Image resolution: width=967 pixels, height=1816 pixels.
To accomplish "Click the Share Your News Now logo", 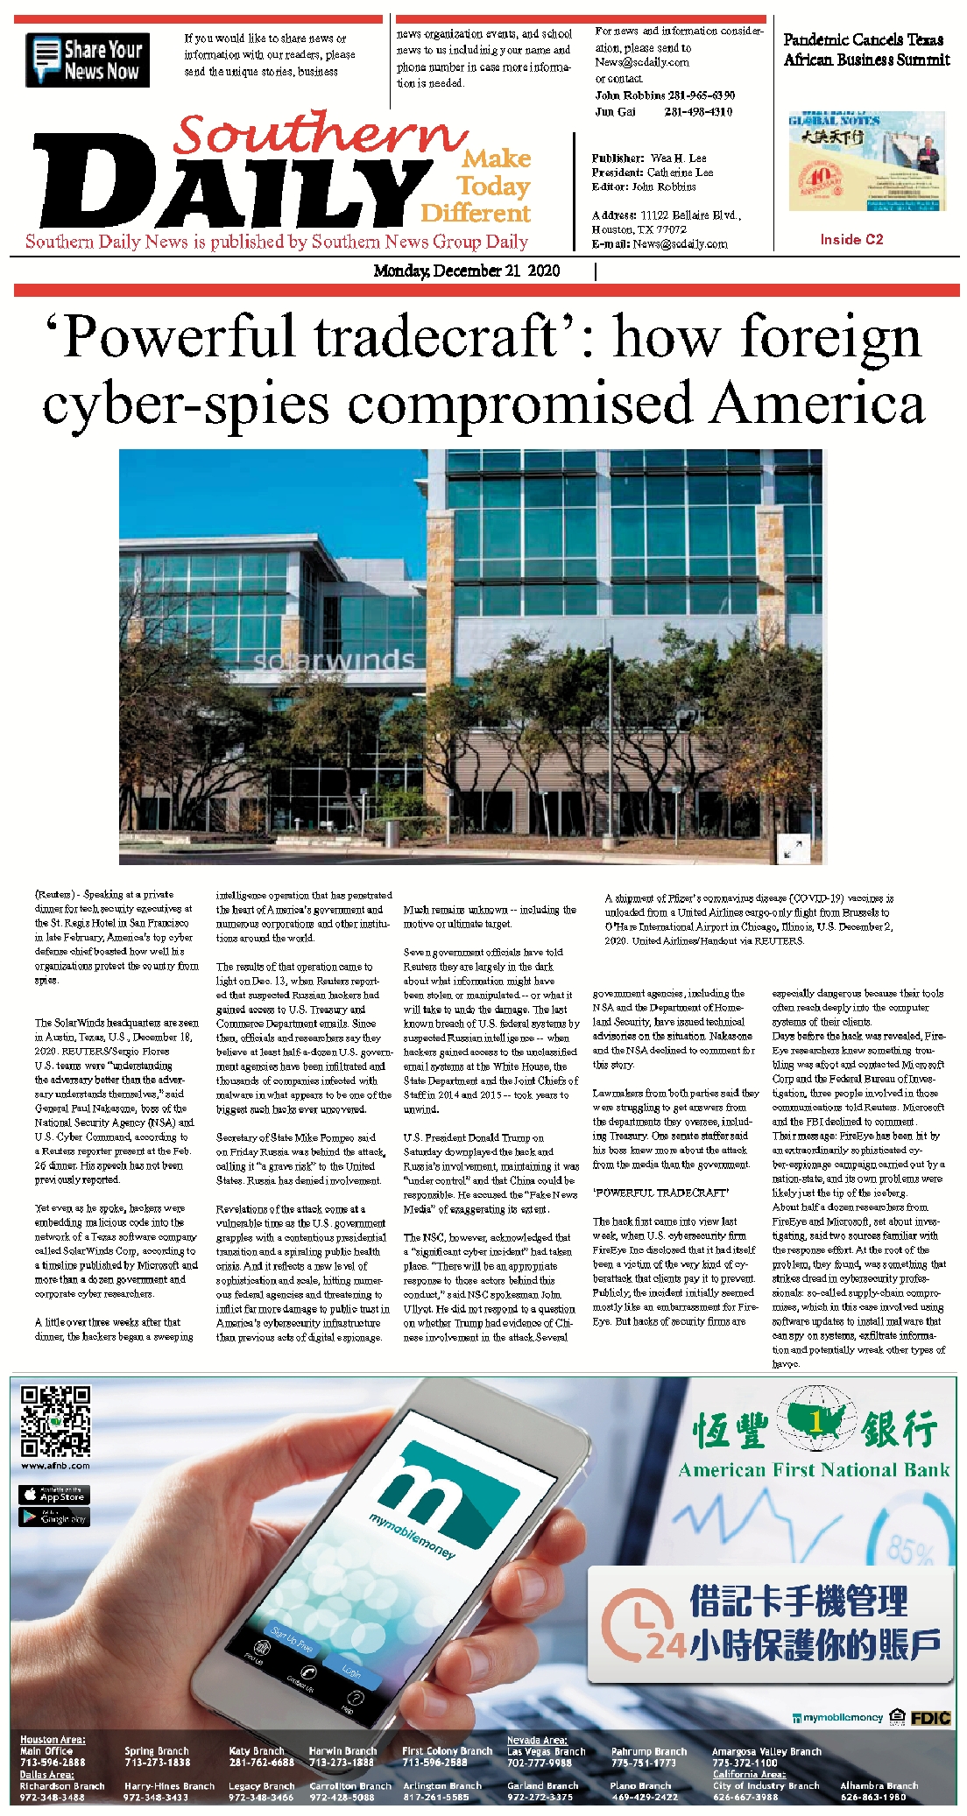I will coord(88,60).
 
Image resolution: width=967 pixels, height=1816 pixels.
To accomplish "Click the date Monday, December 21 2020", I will coord(466,271).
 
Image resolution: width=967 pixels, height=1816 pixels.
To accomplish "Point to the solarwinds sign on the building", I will coord(333,660).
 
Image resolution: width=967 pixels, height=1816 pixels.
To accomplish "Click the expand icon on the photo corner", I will coord(794,848).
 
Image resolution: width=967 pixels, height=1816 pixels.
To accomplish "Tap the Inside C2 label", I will coord(851,239).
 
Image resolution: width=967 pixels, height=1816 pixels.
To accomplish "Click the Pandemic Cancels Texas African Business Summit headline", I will coord(865,50).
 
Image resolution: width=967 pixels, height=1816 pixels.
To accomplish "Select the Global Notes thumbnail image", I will coord(866,161).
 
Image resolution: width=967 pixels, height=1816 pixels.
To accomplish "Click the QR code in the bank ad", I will coord(55,1420).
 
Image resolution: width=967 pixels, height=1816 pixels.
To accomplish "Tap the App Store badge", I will coord(53,1495).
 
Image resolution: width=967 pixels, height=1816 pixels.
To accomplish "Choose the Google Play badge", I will coord(53,1517).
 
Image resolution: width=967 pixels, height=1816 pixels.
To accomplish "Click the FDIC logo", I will coord(930,1717).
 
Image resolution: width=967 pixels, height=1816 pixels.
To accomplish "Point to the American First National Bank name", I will coord(814,1470).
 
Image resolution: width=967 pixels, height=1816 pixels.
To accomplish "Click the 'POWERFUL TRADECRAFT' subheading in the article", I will coord(660,1193).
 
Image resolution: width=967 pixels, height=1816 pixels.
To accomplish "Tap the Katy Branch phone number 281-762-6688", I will coord(261,1762).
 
